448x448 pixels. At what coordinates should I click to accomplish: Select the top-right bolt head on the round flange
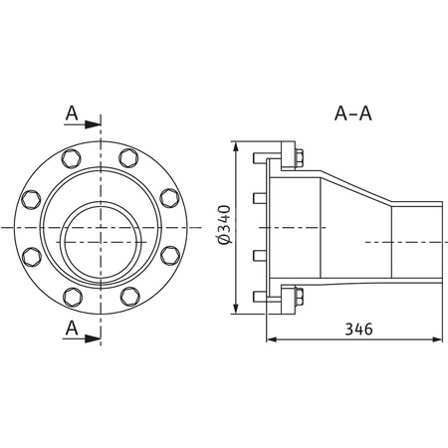tap(129, 157)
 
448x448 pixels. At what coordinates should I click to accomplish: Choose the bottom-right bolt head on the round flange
tap(129, 296)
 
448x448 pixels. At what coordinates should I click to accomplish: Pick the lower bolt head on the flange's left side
tap(31, 257)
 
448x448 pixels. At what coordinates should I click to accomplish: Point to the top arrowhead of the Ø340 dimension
tap(236, 148)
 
